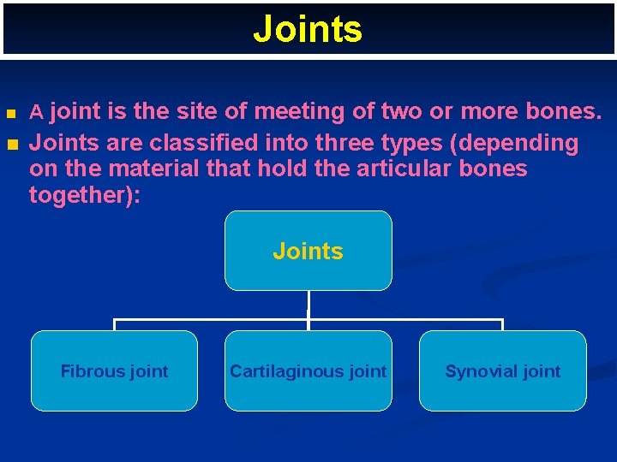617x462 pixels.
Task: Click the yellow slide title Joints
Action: point(308,29)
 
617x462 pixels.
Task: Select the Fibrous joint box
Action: point(114,370)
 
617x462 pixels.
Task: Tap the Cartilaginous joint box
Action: point(308,370)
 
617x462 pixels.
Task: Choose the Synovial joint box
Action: point(502,370)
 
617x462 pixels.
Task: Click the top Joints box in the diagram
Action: point(308,251)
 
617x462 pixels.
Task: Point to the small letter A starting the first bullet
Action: point(36,112)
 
